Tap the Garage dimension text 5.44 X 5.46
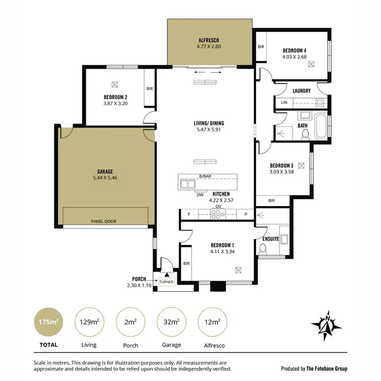click(105, 178)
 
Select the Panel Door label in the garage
click(105, 221)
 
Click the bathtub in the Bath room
click(321, 126)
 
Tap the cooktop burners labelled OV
click(218, 215)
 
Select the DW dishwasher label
click(200, 195)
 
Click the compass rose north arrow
click(327, 323)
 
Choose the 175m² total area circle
click(46, 322)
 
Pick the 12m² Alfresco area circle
click(212, 322)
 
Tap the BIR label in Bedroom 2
click(150, 88)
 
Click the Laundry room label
click(302, 91)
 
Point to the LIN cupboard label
click(283, 103)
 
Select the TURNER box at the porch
click(166, 281)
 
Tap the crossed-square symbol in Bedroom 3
click(301, 165)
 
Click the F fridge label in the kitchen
click(188, 215)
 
